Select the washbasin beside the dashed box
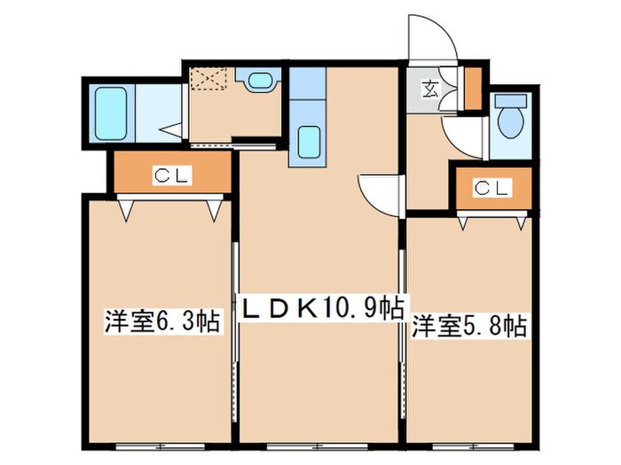(x=259, y=82)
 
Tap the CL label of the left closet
(x=170, y=175)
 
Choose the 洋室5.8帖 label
(x=469, y=326)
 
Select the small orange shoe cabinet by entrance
(x=473, y=85)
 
